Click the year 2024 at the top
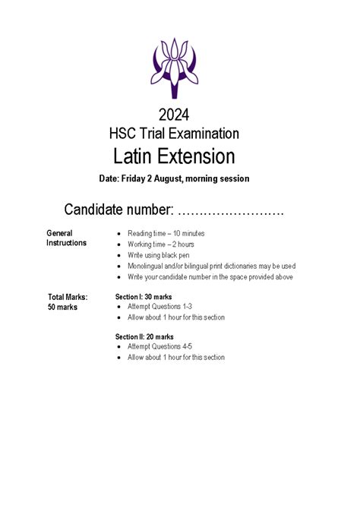[174, 115]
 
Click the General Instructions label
[66, 238]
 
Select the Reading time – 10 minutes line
[166, 233]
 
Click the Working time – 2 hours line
[160, 245]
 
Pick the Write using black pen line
[159, 255]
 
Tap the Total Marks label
[68, 297]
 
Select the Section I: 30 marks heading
[144, 296]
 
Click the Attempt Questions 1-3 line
[165, 307]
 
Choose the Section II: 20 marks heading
[144, 336]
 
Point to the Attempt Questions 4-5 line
[165, 347]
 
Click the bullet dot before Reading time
[119, 233]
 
